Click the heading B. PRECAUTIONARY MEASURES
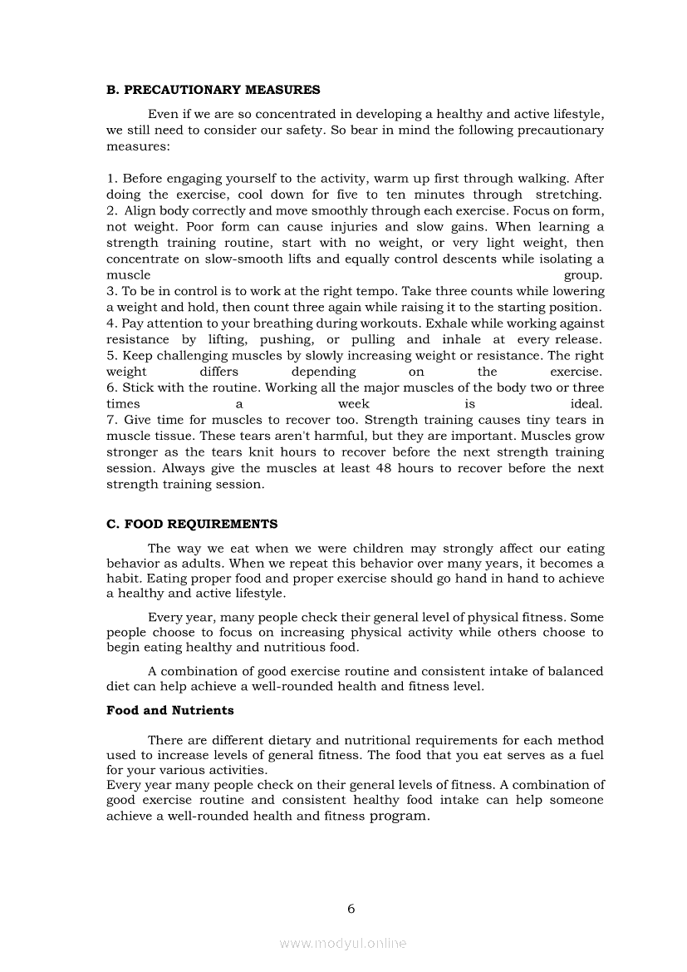point(213,90)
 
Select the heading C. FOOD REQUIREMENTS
point(192,524)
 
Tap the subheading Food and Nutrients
point(169,711)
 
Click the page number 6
point(351,909)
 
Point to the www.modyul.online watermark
point(343,944)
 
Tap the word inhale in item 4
point(461,339)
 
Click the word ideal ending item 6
point(587,404)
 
